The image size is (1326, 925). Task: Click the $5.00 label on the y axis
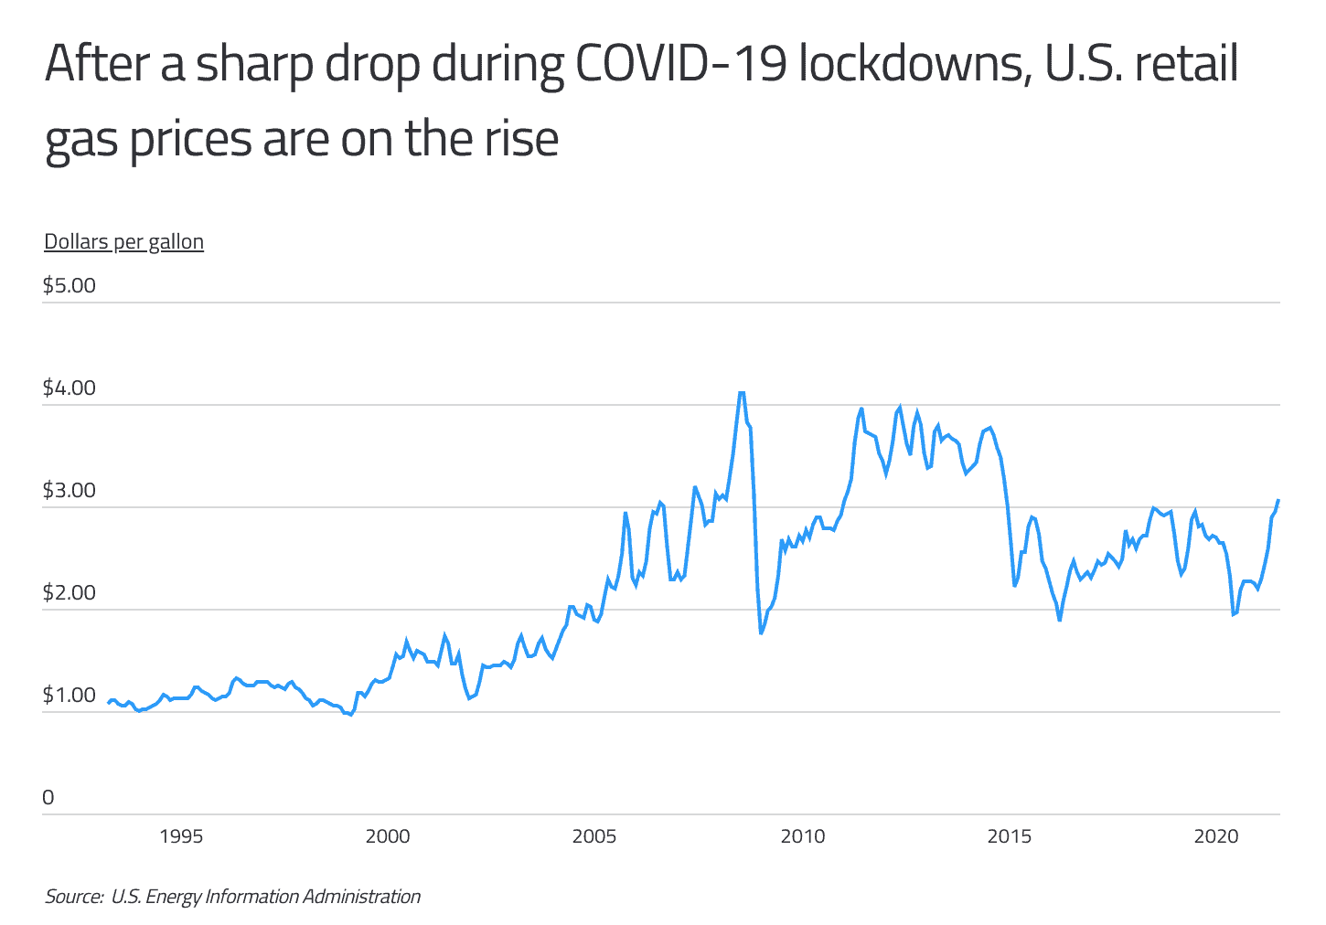pyautogui.click(x=69, y=285)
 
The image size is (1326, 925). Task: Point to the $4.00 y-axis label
pyautogui.click(x=69, y=388)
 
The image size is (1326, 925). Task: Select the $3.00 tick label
pyautogui.click(x=69, y=490)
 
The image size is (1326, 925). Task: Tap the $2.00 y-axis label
pyautogui.click(x=69, y=592)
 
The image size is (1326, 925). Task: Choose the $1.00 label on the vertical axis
pyautogui.click(x=69, y=695)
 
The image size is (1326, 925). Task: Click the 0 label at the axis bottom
pyautogui.click(x=48, y=797)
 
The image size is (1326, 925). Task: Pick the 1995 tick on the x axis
pyautogui.click(x=180, y=836)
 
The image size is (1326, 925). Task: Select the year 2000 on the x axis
pyautogui.click(x=388, y=836)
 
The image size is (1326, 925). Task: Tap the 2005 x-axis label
pyautogui.click(x=595, y=836)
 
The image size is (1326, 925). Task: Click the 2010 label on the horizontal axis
pyautogui.click(x=803, y=836)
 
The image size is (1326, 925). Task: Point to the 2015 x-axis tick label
pyautogui.click(x=1011, y=836)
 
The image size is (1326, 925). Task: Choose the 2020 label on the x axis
pyautogui.click(x=1217, y=836)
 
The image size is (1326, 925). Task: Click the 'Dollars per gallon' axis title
pyautogui.click(x=123, y=242)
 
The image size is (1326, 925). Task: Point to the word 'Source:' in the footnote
pyautogui.click(x=74, y=897)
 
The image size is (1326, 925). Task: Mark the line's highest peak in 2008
pyautogui.click(x=742, y=392)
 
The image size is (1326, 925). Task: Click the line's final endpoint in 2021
pyautogui.click(x=1278, y=500)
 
